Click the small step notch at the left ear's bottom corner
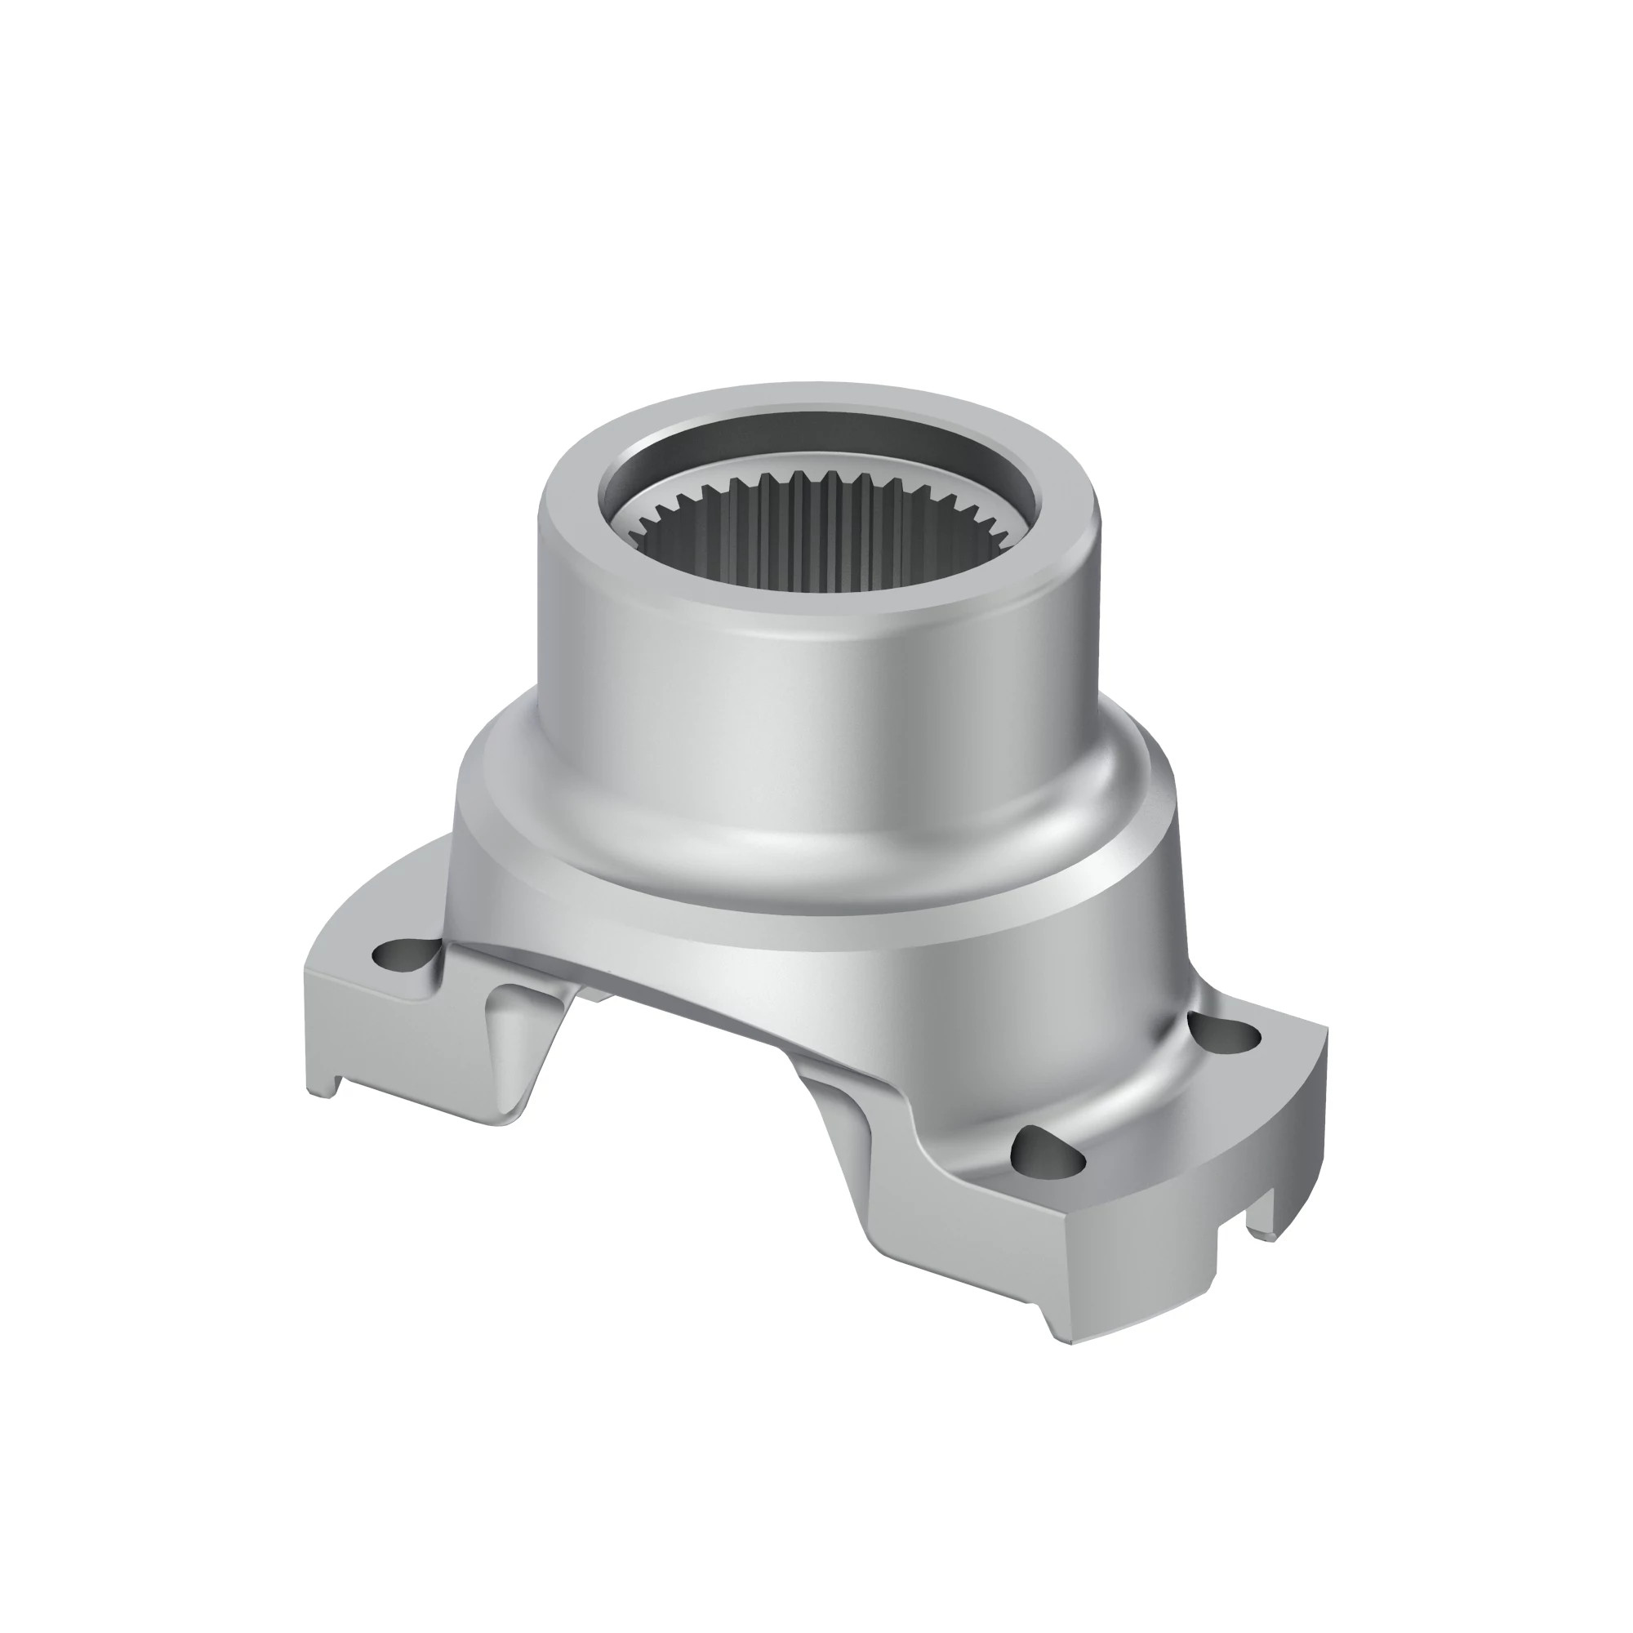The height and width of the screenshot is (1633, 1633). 331,1090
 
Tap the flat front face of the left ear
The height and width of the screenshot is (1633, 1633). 398,1048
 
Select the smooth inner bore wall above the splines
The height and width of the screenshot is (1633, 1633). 812,456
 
